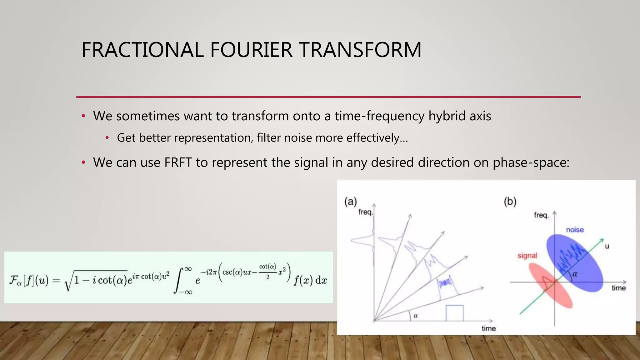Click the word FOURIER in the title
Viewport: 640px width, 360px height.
[x=251, y=50]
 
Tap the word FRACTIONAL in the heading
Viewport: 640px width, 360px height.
[x=142, y=50]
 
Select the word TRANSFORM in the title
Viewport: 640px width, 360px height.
[x=360, y=50]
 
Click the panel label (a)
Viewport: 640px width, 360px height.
[x=350, y=202]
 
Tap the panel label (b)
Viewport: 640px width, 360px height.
[x=510, y=202]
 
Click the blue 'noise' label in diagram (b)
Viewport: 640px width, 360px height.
[x=575, y=230]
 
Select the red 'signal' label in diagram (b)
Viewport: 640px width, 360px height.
[x=527, y=256]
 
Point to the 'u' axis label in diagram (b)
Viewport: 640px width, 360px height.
[x=607, y=246]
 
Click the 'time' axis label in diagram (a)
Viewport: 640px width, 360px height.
[x=488, y=328]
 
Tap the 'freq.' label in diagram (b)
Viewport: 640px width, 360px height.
[x=541, y=215]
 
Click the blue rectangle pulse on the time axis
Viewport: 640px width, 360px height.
[x=454, y=313]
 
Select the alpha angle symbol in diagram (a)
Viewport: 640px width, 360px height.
[x=416, y=316]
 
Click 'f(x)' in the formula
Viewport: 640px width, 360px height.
[x=303, y=280]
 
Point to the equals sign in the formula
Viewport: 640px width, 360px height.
[x=56, y=280]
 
